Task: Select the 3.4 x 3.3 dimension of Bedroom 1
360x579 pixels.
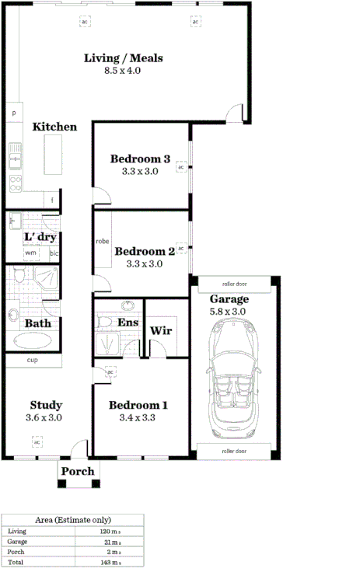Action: (x=138, y=418)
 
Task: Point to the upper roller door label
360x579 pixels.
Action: (x=233, y=284)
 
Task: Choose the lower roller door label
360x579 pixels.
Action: (x=233, y=450)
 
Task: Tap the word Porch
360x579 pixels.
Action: (x=78, y=471)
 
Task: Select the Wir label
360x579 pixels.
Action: (x=161, y=330)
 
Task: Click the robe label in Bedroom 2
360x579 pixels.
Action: (x=103, y=242)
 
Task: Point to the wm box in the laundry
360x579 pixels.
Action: (x=30, y=253)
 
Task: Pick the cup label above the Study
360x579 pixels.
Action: (x=33, y=361)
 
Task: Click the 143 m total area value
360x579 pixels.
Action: (x=107, y=561)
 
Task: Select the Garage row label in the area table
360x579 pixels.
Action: (x=17, y=541)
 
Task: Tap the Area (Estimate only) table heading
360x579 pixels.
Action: (x=73, y=520)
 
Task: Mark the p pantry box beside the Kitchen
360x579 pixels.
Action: (x=14, y=113)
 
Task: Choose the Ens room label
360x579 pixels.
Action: (x=128, y=322)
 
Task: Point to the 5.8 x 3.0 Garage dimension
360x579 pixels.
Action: (x=229, y=311)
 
